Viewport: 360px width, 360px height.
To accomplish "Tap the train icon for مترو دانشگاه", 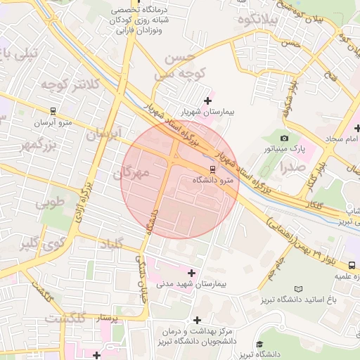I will point(212,169).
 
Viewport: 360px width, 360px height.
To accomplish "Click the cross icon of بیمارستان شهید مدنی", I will point(191,272).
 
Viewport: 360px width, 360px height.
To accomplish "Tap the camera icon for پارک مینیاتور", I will point(284,138).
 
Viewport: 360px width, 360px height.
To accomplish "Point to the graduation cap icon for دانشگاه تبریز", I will point(260,344).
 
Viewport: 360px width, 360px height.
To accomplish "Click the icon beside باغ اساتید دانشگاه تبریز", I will point(298,289).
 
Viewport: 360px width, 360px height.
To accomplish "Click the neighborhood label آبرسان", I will point(105,134).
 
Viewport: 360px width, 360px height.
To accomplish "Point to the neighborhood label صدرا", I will point(292,167).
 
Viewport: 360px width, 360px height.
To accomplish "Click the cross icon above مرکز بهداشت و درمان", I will point(197,320).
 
